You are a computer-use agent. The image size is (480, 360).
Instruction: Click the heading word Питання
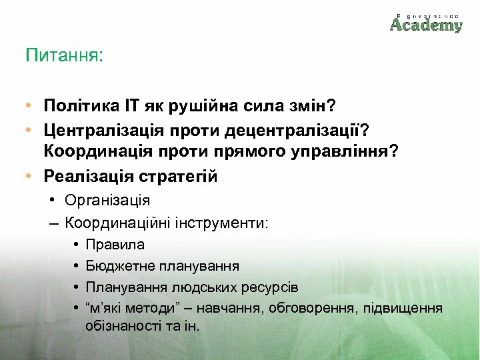tap(64, 55)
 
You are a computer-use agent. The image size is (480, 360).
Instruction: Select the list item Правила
tap(115, 245)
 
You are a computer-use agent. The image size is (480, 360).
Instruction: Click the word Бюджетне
tap(119, 266)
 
